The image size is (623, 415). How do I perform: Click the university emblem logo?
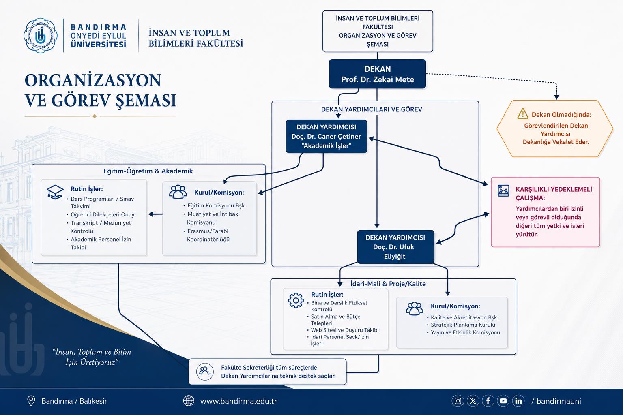(x=41, y=36)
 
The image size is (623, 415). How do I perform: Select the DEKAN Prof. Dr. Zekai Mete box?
(x=378, y=74)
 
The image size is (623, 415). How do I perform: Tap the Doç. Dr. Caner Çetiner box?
(x=326, y=137)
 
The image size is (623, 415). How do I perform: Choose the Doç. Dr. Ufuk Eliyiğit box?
(x=395, y=247)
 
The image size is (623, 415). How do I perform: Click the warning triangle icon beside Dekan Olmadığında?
(x=522, y=114)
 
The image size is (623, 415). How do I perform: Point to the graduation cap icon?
(x=55, y=192)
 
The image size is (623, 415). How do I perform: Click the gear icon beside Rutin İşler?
(x=296, y=300)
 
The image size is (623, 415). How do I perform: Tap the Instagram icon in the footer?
(x=458, y=401)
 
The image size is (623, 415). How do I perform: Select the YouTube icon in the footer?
(x=503, y=401)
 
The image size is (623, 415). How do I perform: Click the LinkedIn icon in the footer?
(x=518, y=401)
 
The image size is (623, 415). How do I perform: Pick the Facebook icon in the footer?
(x=488, y=401)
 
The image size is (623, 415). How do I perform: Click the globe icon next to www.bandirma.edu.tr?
(x=189, y=401)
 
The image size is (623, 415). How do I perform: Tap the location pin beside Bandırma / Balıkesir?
(x=31, y=401)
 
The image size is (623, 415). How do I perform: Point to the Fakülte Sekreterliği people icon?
(x=205, y=372)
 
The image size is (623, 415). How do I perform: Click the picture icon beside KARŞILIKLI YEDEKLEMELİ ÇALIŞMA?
(x=503, y=191)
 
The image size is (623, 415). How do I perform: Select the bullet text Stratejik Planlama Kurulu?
(x=463, y=325)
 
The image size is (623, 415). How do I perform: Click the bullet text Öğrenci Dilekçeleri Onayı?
(x=103, y=214)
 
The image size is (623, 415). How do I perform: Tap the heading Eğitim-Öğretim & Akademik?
(x=148, y=171)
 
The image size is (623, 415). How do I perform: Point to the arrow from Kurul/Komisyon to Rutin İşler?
(x=155, y=214)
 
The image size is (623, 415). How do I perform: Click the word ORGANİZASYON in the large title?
(x=93, y=80)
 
